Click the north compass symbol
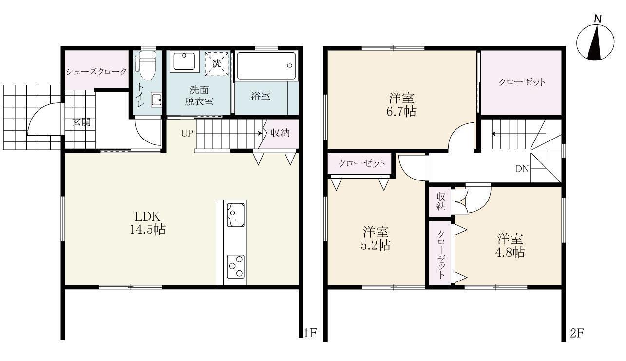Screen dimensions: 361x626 click(x=595, y=41)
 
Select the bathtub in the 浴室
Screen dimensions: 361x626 click(x=266, y=66)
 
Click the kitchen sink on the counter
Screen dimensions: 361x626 click(x=235, y=215)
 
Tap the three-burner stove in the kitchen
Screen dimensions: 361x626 click(x=236, y=266)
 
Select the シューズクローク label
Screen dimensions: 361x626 click(x=96, y=72)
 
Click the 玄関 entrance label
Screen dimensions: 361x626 click(x=81, y=122)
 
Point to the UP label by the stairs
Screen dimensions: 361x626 click(x=187, y=133)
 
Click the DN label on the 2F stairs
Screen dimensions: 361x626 click(x=522, y=169)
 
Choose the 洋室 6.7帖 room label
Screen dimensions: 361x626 click(x=402, y=104)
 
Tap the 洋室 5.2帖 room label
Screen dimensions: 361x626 click(x=375, y=239)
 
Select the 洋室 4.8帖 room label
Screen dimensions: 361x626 click(x=510, y=246)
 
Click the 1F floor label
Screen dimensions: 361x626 click(x=310, y=333)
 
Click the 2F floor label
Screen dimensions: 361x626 click(x=577, y=333)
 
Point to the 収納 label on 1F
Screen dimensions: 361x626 click(x=281, y=133)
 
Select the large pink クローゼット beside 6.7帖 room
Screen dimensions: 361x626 click(x=522, y=82)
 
